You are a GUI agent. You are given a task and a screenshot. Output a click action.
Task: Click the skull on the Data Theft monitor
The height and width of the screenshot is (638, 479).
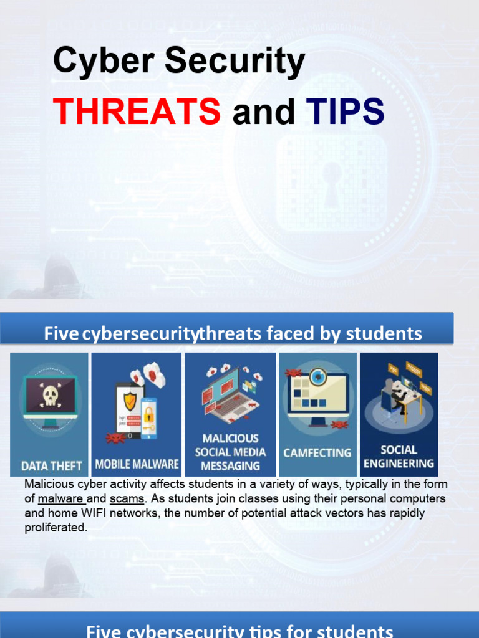(x=49, y=395)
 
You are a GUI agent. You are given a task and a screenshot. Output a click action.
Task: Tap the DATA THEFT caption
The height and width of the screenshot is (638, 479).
(x=51, y=465)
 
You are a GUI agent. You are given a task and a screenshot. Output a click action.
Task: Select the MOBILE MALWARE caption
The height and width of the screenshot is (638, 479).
(x=137, y=465)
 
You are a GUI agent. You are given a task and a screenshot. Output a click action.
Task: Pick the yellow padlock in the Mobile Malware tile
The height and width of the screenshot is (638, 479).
(x=149, y=414)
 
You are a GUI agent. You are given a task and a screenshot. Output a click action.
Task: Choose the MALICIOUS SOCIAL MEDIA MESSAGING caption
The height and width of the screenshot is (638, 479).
(x=230, y=452)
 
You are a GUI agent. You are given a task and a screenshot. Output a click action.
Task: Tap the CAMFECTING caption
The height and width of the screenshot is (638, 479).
(x=317, y=453)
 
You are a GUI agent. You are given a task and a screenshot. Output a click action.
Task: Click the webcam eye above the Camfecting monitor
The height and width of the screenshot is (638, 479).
(x=319, y=376)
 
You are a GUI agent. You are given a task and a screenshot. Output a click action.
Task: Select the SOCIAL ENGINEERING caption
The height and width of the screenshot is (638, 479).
(x=399, y=457)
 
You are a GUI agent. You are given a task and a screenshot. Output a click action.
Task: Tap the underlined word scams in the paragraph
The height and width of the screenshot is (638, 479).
(x=127, y=498)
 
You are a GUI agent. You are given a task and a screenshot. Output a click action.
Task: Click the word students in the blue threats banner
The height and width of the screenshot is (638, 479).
(x=384, y=334)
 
